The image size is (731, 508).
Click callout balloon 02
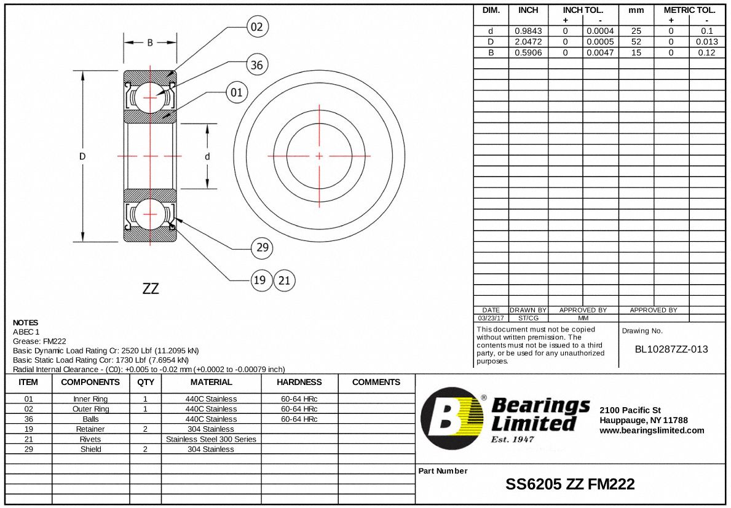(x=257, y=27)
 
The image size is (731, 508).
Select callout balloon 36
(x=257, y=65)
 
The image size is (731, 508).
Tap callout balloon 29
(x=263, y=248)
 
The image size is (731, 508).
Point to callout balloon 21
(x=284, y=280)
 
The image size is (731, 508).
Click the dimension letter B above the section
(x=150, y=43)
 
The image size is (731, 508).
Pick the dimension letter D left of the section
(x=82, y=156)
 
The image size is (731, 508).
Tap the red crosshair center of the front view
(x=319, y=156)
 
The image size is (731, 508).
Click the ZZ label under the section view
(x=151, y=288)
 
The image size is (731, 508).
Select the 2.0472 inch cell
(x=528, y=41)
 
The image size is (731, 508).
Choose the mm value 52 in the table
(x=636, y=41)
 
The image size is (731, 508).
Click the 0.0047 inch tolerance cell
(x=600, y=52)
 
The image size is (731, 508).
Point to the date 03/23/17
(x=491, y=318)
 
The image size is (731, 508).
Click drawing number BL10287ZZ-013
(x=671, y=349)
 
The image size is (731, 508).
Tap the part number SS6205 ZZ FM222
(x=570, y=484)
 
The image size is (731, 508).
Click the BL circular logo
(x=452, y=418)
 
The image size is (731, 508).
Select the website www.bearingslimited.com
(x=652, y=431)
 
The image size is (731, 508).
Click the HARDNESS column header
(x=299, y=382)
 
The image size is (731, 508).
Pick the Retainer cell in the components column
(x=90, y=429)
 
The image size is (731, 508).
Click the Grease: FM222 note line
(x=39, y=341)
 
